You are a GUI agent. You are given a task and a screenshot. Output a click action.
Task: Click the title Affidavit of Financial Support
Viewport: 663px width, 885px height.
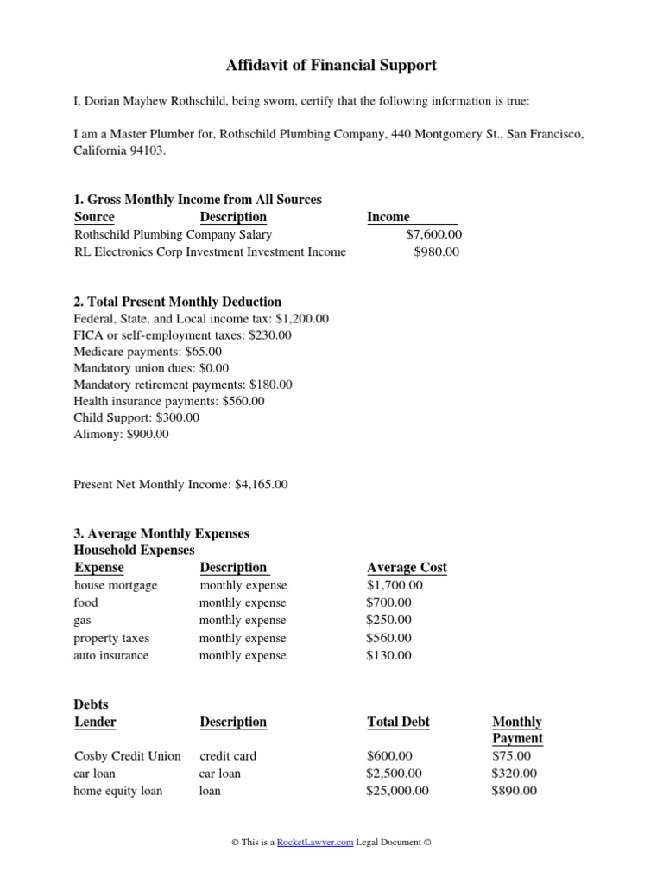[x=331, y=65]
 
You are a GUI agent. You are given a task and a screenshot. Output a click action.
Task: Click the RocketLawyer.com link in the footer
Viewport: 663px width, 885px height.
[x=315, y=842]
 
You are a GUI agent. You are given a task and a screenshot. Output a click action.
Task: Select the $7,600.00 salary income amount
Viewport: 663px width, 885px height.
[x=433, y=234]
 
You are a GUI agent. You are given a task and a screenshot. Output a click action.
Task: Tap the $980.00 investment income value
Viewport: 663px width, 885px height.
[x=437, y=251]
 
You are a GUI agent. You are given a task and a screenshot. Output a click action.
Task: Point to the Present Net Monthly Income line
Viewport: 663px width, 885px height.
[x=180, y=485]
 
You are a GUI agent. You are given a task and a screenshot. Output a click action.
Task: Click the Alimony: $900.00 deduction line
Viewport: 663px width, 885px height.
[x=122, y=435]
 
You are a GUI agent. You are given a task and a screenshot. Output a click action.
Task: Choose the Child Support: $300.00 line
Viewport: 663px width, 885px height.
[x=136, y=417]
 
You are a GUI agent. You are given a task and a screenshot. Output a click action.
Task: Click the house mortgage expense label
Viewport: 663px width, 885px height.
[x=116, y=585]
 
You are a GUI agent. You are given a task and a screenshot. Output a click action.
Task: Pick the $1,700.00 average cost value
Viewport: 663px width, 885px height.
[x=395, y=585]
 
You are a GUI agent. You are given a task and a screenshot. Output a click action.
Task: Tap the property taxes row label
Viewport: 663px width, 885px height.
[x=111, y=638]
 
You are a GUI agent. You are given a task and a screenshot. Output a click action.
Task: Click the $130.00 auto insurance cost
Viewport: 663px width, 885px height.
[x=388, y=655]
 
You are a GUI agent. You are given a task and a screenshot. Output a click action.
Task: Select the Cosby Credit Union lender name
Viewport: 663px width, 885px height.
[x=128, y=756]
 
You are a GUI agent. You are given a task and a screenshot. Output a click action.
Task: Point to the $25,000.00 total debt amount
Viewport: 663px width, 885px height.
[x=397, y=791]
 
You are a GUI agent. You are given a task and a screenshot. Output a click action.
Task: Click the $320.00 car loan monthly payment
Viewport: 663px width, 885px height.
[x=514, y=774]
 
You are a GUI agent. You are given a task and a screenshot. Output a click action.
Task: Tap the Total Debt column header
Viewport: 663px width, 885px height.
[x=398, y=722]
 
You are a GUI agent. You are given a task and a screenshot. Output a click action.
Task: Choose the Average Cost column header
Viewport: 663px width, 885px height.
[x=407, y=568]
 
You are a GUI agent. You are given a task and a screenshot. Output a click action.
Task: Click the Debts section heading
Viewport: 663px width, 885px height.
[x=92, y=704]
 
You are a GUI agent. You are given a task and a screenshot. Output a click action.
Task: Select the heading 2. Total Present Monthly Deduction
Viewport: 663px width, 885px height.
[x=178, y=302]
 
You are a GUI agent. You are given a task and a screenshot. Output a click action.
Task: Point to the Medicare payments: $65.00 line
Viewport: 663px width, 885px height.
[x=148, y=352]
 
